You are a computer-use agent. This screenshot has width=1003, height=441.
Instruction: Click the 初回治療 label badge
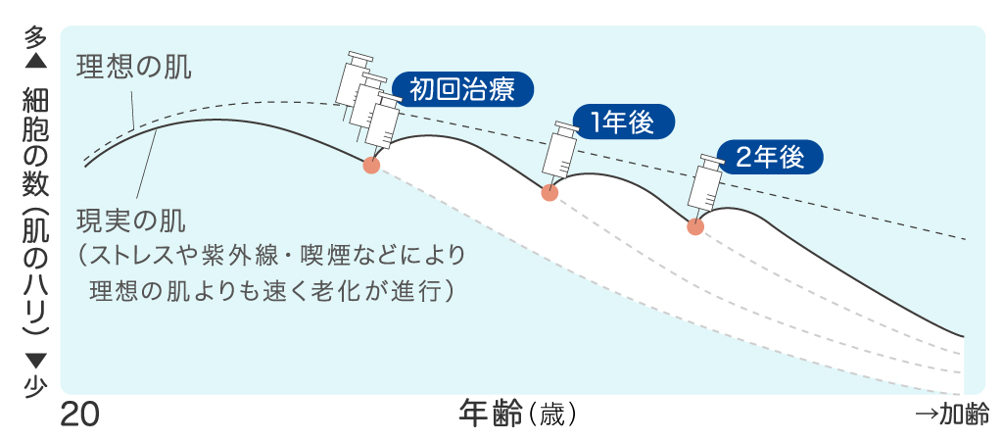tap(462, 90)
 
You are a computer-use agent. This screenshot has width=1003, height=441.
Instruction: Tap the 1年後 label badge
tap(623, 122)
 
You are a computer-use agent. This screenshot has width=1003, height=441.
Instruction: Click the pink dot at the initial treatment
tap(370, 165)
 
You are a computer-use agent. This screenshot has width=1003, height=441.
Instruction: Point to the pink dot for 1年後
tap(549, 193)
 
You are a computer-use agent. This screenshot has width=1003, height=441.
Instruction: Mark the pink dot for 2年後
tap(695, 226)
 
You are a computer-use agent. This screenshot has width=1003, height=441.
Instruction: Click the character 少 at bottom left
tap(34, 386)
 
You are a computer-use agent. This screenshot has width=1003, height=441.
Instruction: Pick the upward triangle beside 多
tap(34, 61)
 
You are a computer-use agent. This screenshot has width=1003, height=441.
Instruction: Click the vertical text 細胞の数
tap(34, 141)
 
